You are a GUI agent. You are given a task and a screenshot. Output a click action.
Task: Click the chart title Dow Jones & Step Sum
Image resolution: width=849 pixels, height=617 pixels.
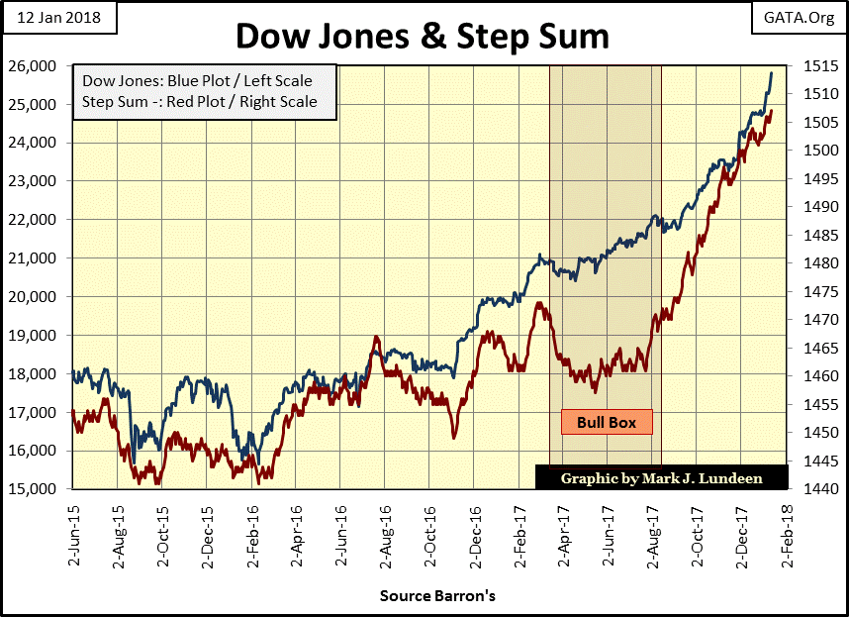point(423,36)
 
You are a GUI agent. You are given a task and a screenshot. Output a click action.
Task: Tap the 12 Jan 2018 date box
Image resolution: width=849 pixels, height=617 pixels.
point(58,18)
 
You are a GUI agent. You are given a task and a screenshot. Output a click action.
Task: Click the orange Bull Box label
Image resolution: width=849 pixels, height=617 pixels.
point(608,422)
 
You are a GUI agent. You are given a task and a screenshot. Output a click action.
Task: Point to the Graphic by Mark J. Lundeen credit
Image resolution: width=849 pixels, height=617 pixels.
point(662,477)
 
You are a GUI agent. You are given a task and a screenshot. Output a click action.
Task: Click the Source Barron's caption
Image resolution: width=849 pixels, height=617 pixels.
point(436,596)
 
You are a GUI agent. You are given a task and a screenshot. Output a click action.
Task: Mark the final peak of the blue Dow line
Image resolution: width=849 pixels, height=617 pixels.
point(772,72)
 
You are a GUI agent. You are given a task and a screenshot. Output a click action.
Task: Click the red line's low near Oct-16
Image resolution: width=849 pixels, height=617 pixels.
point(454,438)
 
